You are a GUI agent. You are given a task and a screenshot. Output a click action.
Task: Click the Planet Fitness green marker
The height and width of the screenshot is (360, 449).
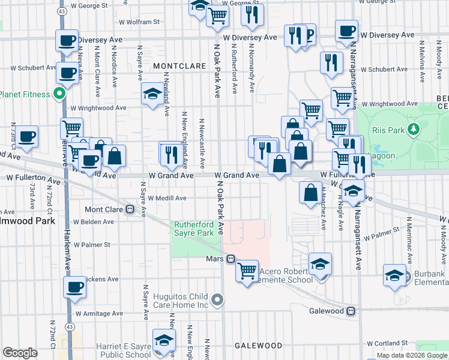coord(59,94)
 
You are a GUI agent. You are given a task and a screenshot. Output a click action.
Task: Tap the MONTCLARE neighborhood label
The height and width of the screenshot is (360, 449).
coord(175,65)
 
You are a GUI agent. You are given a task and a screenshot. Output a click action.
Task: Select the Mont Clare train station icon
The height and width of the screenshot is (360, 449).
coord(129,209)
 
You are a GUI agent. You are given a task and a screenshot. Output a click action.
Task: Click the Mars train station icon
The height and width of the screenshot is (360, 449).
coord(230,259)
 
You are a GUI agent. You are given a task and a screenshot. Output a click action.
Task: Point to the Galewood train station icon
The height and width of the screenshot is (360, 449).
coord(351,311)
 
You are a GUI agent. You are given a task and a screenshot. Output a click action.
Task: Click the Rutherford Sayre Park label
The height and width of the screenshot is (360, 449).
coord(194,229)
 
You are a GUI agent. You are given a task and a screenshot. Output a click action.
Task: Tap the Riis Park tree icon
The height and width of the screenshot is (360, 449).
coord(413,129)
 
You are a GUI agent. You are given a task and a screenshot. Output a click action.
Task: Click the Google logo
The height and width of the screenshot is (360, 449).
coord(20,353)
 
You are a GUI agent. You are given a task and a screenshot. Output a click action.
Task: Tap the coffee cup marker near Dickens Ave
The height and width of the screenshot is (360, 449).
coord(76,287)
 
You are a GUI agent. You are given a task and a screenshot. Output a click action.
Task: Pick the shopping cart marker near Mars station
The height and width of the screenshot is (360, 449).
coord(247,271)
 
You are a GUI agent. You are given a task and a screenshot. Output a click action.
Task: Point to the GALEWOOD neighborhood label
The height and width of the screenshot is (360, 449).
coord(258,346)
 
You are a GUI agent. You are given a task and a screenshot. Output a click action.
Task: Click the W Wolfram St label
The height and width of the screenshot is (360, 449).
coord(139,22)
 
